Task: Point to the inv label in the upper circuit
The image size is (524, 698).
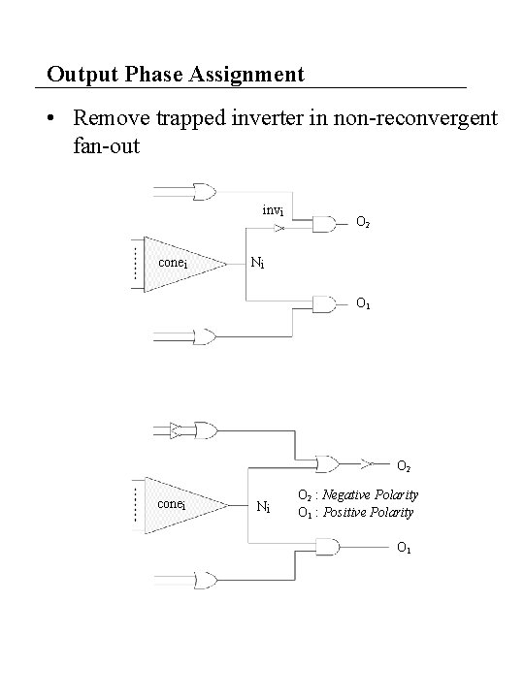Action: (x=273, y=211)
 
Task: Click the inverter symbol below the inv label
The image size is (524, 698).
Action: (x=279, y=230)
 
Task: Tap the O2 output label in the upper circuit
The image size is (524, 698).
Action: (x=362, y=224)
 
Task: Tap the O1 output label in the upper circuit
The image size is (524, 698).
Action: (x=362, y=302)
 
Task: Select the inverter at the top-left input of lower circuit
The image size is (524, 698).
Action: (x=175, y=427)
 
